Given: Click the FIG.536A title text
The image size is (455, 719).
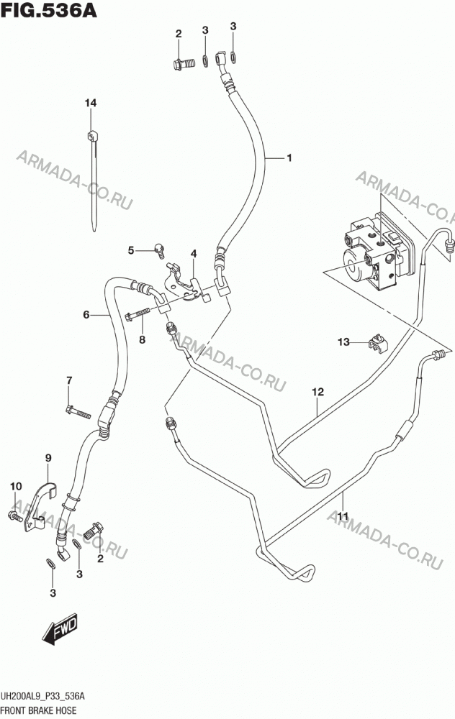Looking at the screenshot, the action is [x=49, y=9].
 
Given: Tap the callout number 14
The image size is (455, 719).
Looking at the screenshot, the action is [x=91, y=103].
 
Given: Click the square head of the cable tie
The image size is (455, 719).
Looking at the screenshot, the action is [x=92, y=136].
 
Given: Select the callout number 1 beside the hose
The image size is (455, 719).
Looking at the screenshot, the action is [x=289, y=157].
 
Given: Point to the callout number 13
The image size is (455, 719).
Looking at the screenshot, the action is [x=343, y=342].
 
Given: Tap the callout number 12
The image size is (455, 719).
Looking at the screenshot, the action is [x=317, y=392].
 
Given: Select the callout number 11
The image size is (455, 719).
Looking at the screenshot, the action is [x=343, y=516].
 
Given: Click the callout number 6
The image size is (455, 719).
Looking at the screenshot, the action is [x=86, y=315].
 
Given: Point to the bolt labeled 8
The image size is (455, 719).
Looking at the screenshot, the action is [x=138, y=314].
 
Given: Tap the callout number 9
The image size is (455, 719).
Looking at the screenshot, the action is [x=48, y=457].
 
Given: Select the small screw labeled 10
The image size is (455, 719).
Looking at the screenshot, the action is [x=15, y=516].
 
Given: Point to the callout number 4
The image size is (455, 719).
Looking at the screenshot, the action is [x=194, y=254].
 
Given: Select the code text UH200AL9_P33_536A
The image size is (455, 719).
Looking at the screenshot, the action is [x=43, y=697].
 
